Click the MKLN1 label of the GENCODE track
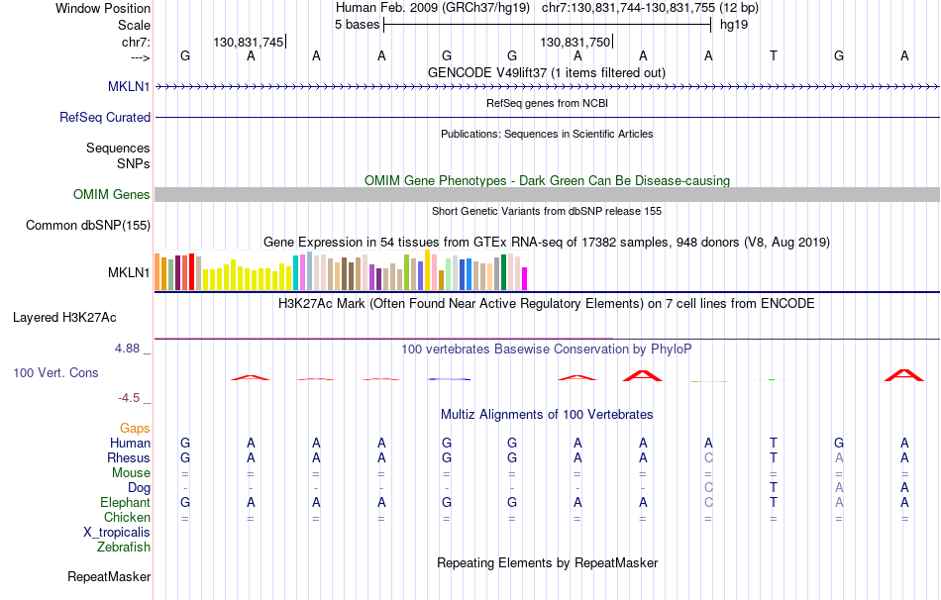click(x=129, y=86)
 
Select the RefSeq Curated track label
click(x=105, y=117)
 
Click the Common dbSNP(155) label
click(x=87, y=225)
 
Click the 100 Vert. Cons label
click(x=55, y=372)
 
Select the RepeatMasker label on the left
click(x=109, y=576)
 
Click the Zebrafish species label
click(x=124, y=547)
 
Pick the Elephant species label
click(x=125, y=502)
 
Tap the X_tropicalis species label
click(x=117, y=532)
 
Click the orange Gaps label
click(x=135, y=428)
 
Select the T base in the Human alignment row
click(x=773, y=443)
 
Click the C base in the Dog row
click(x=707, y=487)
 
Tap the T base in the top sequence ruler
click(x=773, y=55)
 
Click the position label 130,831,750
click(x=575, y=42)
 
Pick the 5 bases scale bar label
click(x=357, y=25)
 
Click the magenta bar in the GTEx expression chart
click(x=525, y=278)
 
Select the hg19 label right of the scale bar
click(x=734, y=25)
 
